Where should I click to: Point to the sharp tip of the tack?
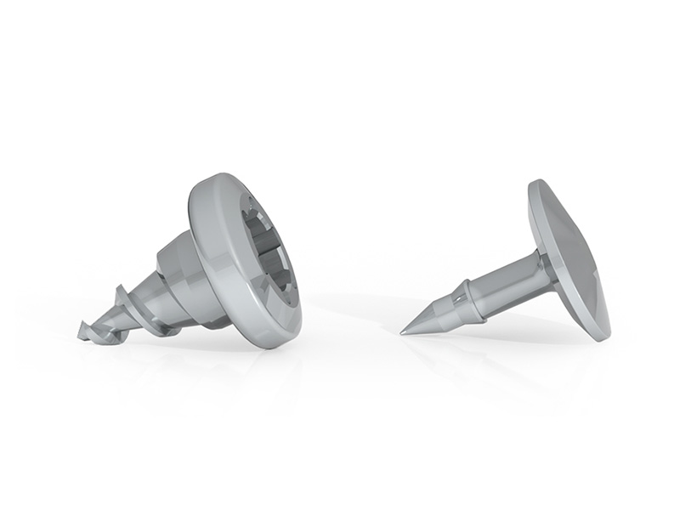[x=404, y=331]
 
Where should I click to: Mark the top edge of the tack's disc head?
[x=536, y=182]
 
